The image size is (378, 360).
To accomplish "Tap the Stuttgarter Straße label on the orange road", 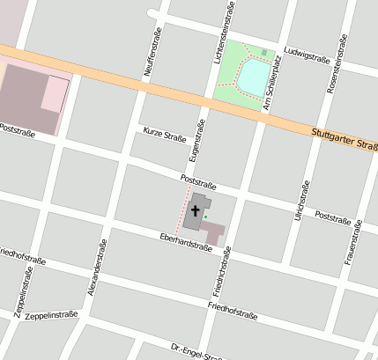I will coord(345,140).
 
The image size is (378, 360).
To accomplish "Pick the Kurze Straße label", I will coord(164,137).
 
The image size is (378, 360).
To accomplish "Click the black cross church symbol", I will coord(195,212).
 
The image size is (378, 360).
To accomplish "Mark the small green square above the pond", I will coord(263,52).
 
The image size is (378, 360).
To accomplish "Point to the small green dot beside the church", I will coord(206,216).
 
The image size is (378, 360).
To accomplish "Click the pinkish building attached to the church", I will coord(213,231).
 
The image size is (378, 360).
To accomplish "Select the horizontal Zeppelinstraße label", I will coord(52,314).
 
